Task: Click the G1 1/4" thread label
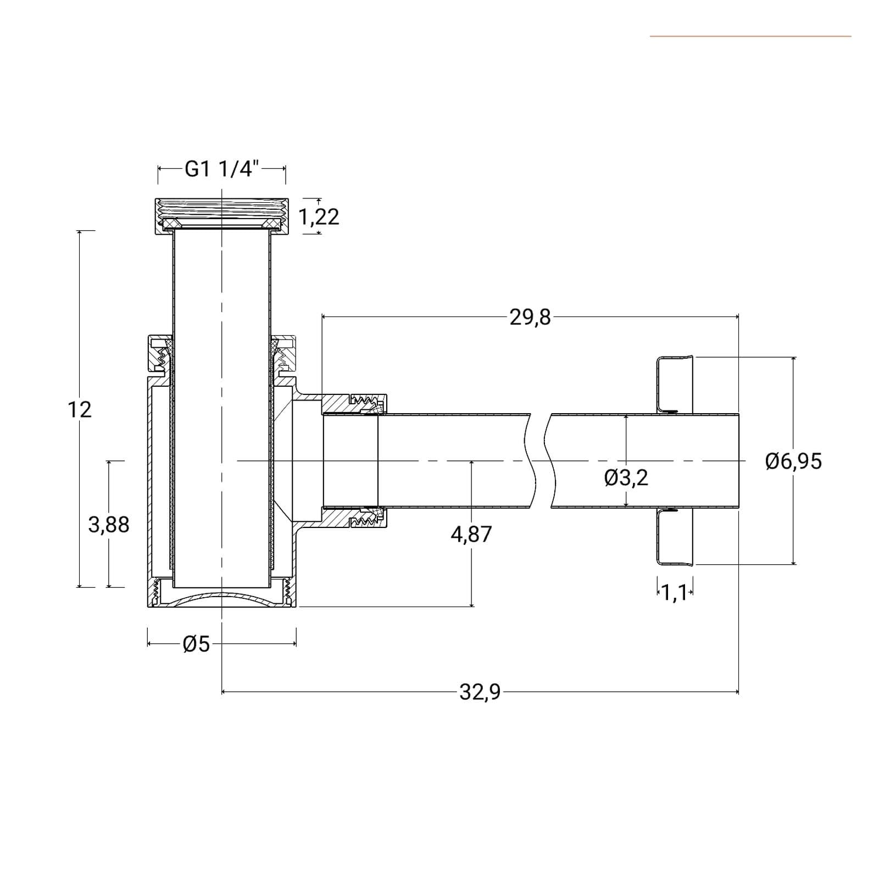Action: [221, 169]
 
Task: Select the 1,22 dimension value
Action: [319, 217]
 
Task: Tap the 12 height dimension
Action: [80, 409]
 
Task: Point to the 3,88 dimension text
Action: [109, 525]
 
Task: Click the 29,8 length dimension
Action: [530, 317]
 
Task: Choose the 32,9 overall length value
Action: [480, 692]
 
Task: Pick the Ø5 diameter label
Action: [197, 644]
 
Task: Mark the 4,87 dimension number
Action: [471, 534]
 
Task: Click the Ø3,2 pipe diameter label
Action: [626, 478]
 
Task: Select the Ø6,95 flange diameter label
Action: [793, 460]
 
